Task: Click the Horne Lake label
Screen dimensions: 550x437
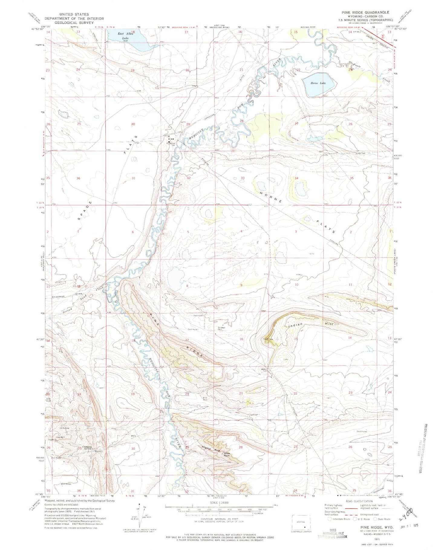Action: pyautogui.click(x=319, y=83)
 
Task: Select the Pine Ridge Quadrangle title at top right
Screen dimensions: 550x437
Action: pyautogui.click(x=365, y=12)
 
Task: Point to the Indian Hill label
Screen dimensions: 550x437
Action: pyautogui.click(x=308, y=325)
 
